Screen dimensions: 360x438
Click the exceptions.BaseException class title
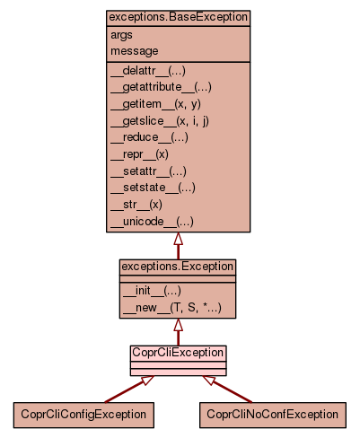pyautogui.click(x=179, y=17)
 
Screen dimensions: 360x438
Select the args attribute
pyautogui.click(x=121, y=35)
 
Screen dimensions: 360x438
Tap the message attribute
pyautogui.click(x=135, y=51)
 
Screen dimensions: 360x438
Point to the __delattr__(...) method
pyautogui.click(x=148, y=71)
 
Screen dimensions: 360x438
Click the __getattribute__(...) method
pyautogui.click(x=161, y=87)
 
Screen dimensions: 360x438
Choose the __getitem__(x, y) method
pyautogui.click(x=155, y=104)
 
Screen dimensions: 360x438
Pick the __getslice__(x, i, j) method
pyautogui.click(x=160, y=121)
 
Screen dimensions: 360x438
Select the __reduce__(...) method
pyautogui.click(x=149, y=137)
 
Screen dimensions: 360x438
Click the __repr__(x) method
pyautogui.click(x=139, y=154)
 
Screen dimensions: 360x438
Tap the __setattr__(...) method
pyautogui.click(x=148, y=171)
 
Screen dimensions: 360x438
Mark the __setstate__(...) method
pyautogui.click(x=153, y=188)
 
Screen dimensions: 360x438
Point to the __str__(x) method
pyautogui.click(x=136, y=205)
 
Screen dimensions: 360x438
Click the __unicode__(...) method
pyautogui.click(x=152, y=222)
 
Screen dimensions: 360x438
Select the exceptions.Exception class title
pyautogui.click(x=178, y=267)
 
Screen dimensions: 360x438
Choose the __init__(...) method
pyautogui.click(x=152, y=291)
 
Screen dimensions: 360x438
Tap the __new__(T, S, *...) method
pyautogui.click(x=172, y=308)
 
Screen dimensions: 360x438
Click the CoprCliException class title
pyautogui.click(x=178, y=353)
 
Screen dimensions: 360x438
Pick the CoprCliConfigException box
pyautogui.click(x=83, y=415)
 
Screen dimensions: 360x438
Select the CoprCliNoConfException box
pyautogui.click(x=273, y=415)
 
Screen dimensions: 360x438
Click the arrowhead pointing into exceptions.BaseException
pyautogui.click(x=179, y=239)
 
